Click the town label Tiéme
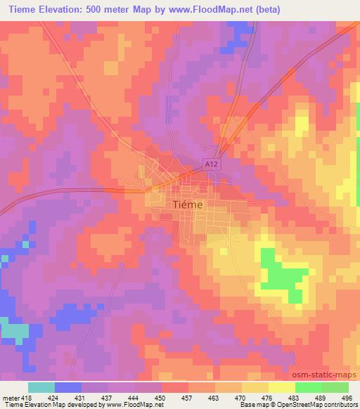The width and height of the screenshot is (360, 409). [x=188, y=204]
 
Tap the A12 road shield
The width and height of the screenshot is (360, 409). [x=210, y=164]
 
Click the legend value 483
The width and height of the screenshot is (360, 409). [x=292, y=396]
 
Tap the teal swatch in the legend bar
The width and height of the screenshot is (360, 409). [x=41, y=387]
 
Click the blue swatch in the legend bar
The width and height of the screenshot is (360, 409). [x=68, y=387]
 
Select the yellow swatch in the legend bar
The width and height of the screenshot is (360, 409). [x=281, y=387]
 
